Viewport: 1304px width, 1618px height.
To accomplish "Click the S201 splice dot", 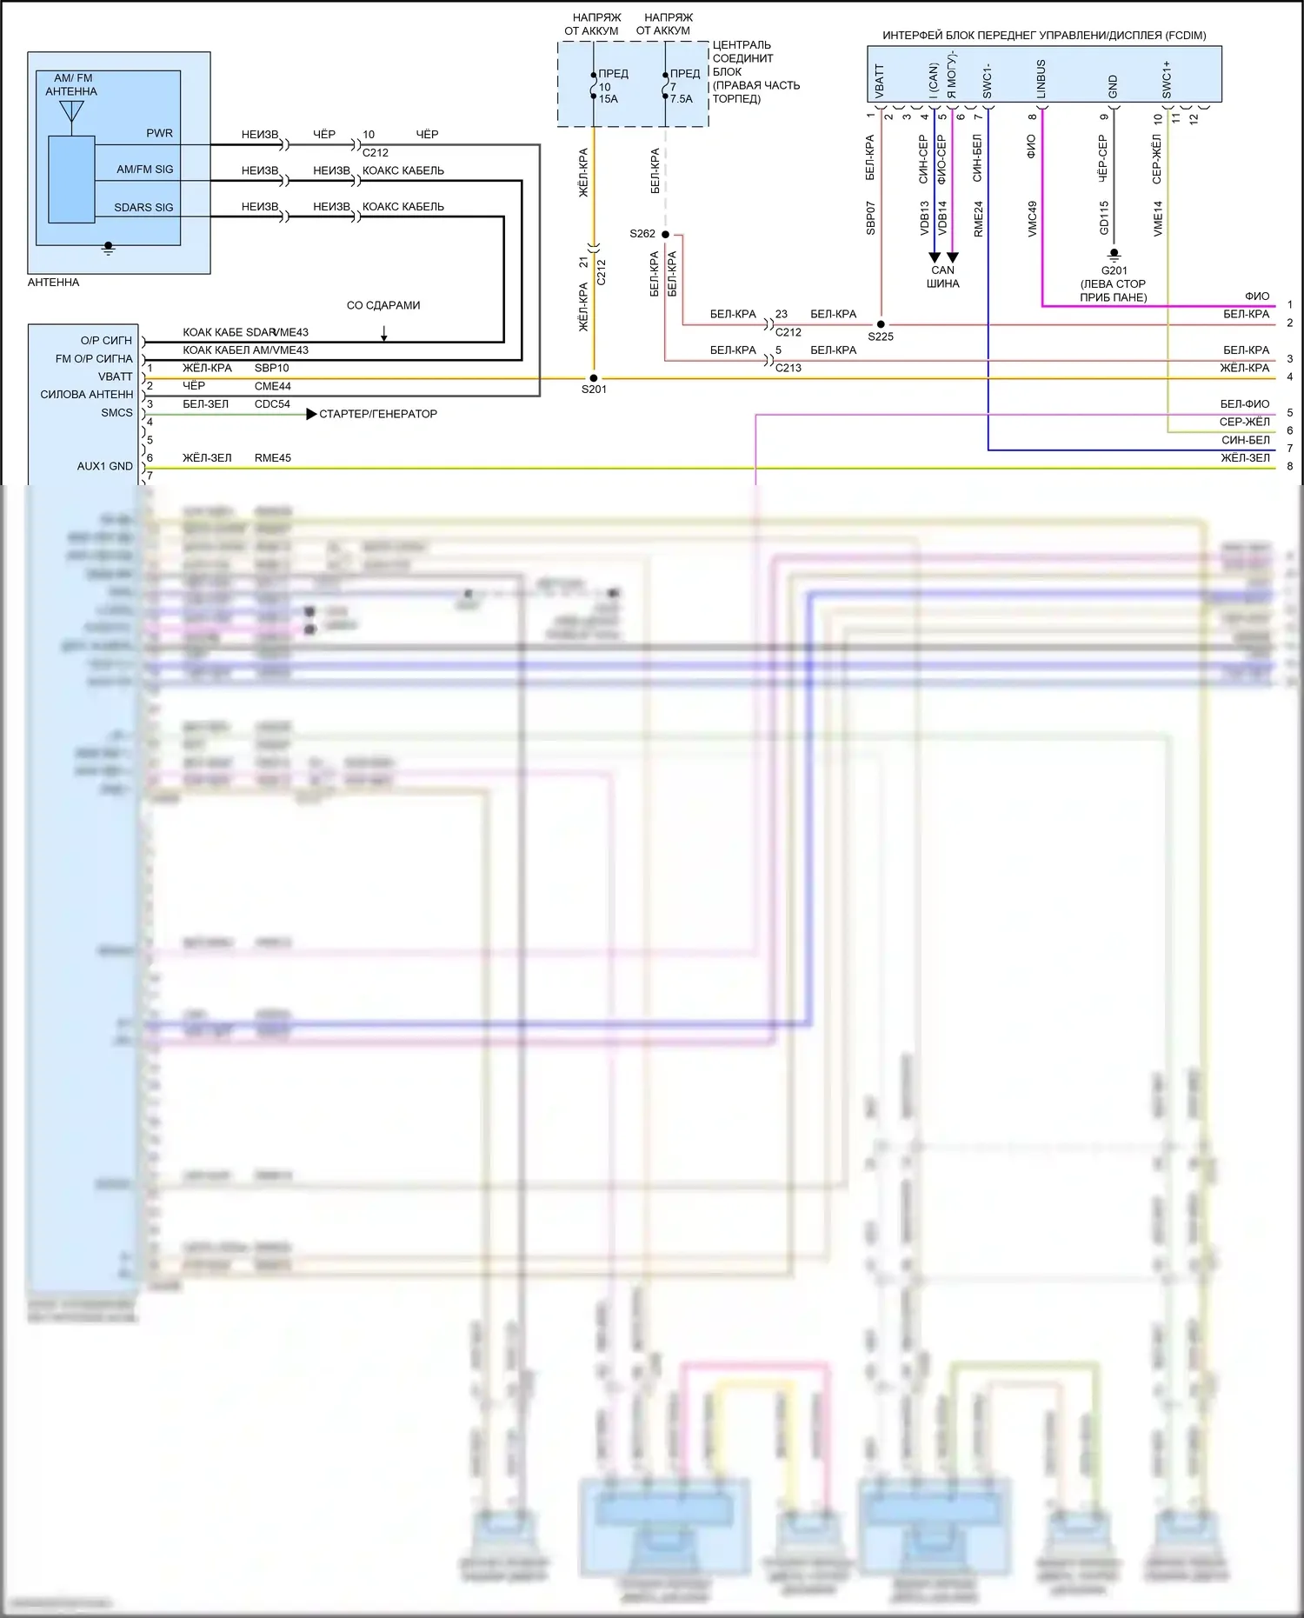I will tap(594, 378).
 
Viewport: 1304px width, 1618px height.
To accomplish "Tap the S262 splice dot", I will tap(665, 235).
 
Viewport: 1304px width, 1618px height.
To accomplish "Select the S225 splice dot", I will tap(881, 324).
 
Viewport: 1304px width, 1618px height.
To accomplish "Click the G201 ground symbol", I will tap(1114, 256).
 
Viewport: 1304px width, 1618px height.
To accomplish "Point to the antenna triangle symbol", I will tap(71, 110).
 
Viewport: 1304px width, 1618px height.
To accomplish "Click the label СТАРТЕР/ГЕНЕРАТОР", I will tap(377, 415).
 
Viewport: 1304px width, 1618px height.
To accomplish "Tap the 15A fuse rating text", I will tap(608, 99).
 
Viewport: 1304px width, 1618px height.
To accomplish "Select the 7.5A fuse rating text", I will tap(681, 99).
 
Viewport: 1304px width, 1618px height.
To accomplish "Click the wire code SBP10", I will tap(271, 368).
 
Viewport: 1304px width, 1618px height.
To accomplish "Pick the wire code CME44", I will tap(272, 386).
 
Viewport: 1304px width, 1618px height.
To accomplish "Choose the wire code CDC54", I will tap(272, 404).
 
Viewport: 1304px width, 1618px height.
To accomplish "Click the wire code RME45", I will tap(272, 458).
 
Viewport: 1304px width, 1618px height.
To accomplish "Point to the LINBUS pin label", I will tap(1041, 78).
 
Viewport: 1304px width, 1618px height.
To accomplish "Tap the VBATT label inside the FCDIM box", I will tap(879, 81).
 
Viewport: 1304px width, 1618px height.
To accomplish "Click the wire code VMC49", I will tap(1032, 218).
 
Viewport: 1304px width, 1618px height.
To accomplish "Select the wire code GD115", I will tap(1104, 218).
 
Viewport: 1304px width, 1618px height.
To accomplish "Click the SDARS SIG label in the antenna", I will tap(143, 208).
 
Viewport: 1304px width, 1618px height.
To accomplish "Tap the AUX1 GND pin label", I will tap(104, 467).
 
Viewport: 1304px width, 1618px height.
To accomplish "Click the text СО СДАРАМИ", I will tap(383, 306).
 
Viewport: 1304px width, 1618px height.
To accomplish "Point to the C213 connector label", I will tap(788, 368).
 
